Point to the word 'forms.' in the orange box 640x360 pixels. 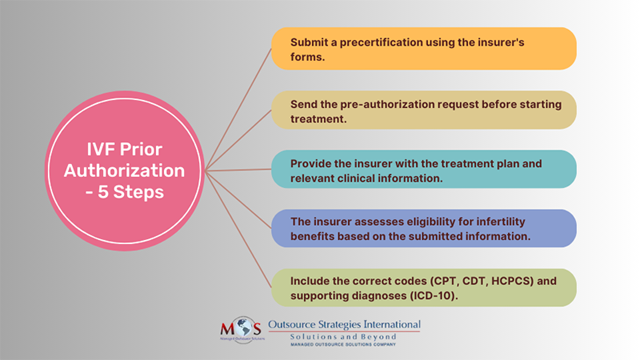pos(308,56)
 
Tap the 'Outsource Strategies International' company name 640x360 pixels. pos(344,325)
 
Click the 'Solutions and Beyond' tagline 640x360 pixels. pos(344,337)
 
